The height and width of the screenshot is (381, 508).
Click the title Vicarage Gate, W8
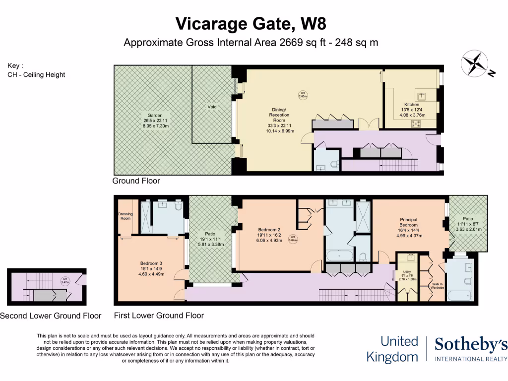251,23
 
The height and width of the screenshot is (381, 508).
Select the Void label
212,107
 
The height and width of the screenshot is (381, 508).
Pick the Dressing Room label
125,216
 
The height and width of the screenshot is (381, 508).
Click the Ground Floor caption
136,181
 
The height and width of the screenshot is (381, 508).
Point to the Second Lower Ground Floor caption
51,316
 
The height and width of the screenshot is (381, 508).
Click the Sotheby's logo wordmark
471,344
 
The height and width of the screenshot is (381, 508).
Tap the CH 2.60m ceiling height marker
302,94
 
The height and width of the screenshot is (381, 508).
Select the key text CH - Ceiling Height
36,75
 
